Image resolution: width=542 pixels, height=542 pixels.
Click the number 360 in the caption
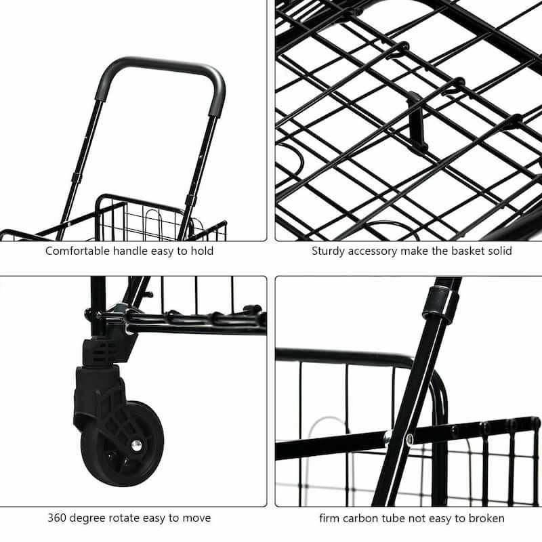(58, 518)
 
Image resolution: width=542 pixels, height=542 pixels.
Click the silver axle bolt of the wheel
(136, 444)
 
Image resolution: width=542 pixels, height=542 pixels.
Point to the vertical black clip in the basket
(415, 121)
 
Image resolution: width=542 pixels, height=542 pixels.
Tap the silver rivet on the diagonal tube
(409, 439)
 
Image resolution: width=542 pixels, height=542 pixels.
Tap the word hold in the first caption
(202, 251)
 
